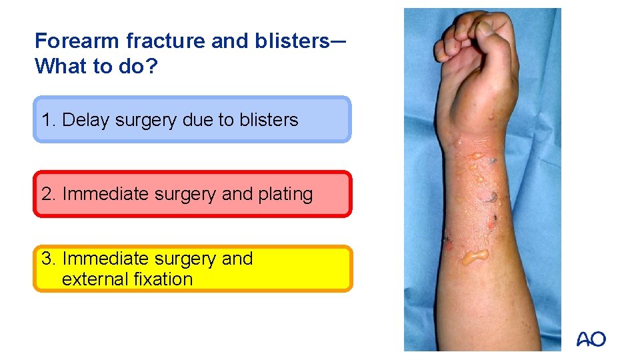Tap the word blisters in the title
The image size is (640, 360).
click(x=291, y=41)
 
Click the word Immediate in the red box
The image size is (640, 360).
click(x=105, y=194)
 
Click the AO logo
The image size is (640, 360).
click(x=591, y=339)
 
